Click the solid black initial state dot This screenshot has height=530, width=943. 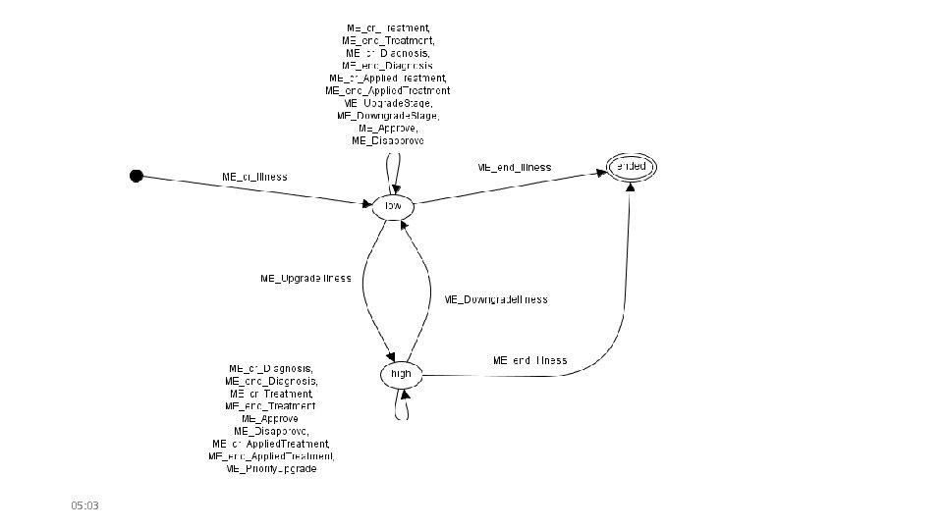pos(137,176)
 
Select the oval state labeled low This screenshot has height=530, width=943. pos(393,206)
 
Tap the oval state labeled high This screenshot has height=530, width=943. pos(401,374)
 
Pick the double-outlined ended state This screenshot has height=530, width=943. pos(630,167)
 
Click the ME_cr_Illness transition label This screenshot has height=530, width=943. pos(254,177)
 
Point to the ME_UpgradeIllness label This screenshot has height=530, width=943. pos(305,279)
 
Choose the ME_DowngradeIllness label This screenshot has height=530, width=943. pos(495,299)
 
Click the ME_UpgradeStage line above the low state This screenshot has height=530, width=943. pos(388,103)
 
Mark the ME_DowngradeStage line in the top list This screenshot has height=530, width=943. pos(388,116)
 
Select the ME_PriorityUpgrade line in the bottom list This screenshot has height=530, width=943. pos(271,470)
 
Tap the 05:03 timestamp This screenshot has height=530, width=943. pos(85,505)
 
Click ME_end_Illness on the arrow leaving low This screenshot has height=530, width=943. pos(515,167)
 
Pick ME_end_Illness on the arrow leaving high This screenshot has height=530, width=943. pos(530,360)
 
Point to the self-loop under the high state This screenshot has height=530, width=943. pos(401,407)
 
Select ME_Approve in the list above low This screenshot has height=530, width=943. pos(388,129)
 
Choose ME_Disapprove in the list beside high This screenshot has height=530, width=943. pos(271,431)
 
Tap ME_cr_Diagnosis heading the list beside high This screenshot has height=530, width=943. pos(271,368)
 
